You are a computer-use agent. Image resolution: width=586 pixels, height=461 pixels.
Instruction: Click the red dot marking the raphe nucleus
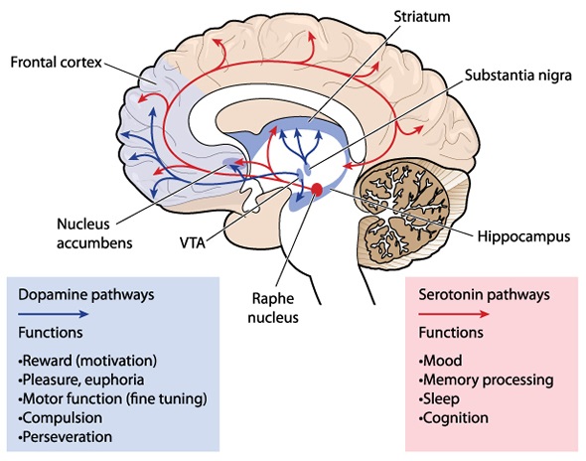(317, 190)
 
